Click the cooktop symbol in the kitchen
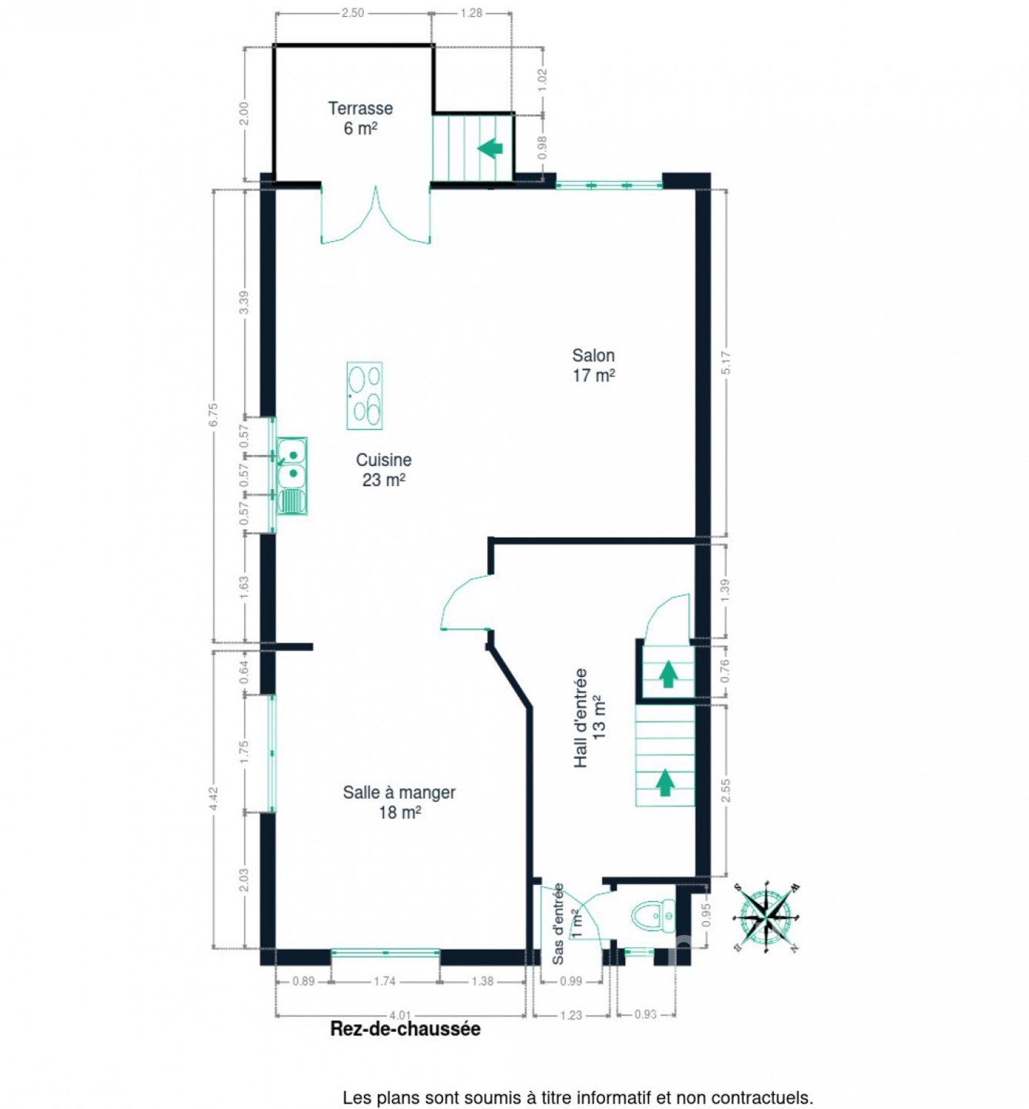(x=365, y=395)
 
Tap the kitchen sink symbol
(x=292, y=476)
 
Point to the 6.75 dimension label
(x=213, y=415)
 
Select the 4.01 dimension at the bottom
(x=400, y=1014)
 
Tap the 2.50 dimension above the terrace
(x=353, y=13)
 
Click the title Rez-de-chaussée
(x=405, y=1029)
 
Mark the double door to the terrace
(x=375, y=216)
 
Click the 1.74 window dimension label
(x=385, y=981)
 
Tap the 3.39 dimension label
(x=244, y=303)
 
